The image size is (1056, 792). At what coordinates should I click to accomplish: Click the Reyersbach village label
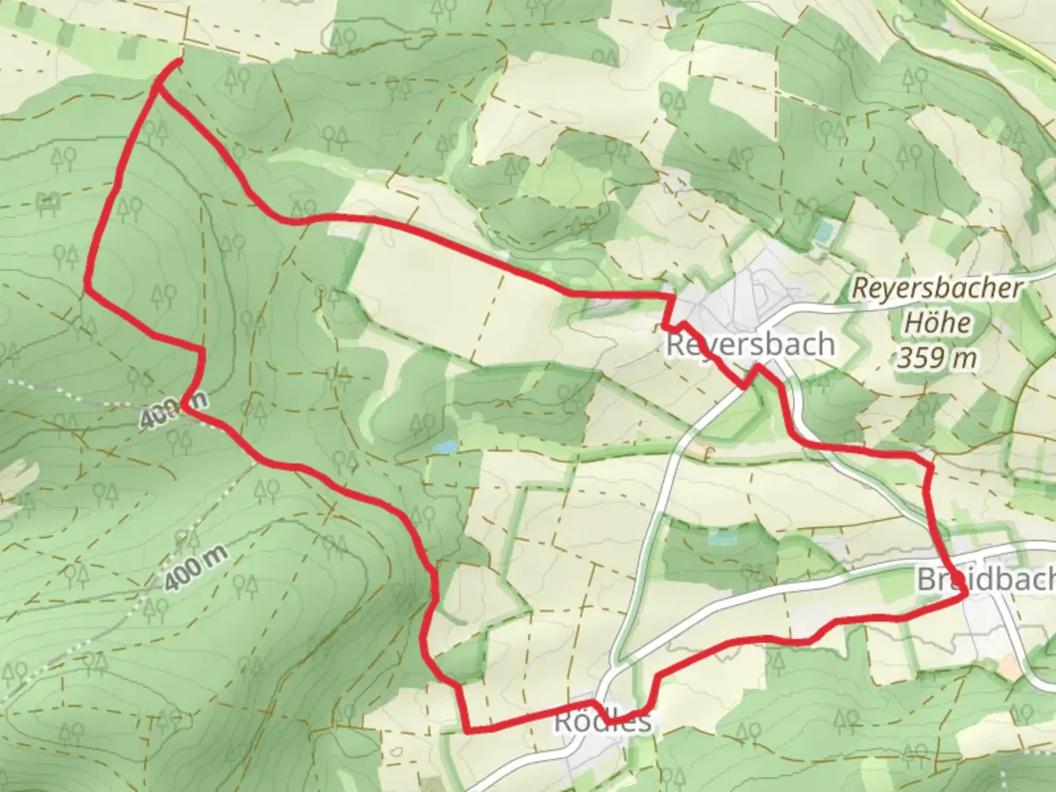coord(749,344)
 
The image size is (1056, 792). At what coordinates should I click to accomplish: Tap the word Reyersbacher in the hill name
coord(936,288)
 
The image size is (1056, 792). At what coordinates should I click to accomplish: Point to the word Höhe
coord(937,323)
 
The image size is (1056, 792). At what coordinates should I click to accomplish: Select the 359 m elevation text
coord(937,359)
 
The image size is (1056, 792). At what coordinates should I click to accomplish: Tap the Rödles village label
coord(602,721)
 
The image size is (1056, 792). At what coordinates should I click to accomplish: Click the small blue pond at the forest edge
coord(444,447)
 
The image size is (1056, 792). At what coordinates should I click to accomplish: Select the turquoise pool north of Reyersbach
coord(822,232)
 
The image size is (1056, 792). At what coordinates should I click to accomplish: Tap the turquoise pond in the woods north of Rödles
coord(722,538)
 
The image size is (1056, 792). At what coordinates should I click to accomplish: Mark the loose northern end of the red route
coord(179,62)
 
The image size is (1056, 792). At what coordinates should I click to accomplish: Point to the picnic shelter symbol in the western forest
coord(48,201)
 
